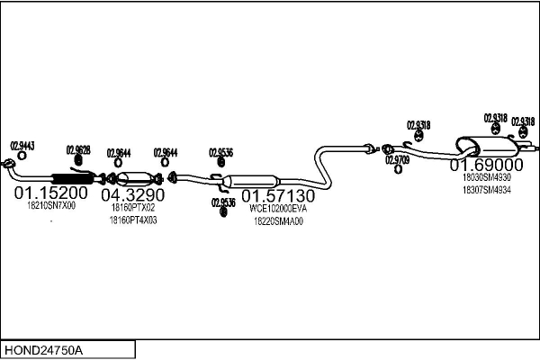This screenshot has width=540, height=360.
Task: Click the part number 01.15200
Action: [x=49, y=193]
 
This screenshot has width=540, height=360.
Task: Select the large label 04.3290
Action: [x=132, y=194]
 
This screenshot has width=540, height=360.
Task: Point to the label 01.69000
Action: [x=487, y=165]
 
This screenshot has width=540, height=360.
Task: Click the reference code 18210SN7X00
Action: [x=50, y=206]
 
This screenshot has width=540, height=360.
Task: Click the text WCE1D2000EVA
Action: [x=278, y=208]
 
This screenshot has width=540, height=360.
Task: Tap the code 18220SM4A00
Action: [x=278, y=220]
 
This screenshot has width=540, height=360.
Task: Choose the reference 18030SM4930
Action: [x=486, y=177]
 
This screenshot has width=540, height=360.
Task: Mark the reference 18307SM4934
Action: [x=486, y=190]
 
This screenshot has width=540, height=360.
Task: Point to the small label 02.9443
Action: [x=22, y=145]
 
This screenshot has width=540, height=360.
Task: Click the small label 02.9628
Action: [x=78, y=149]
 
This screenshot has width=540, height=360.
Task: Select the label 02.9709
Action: [x=398, y=159]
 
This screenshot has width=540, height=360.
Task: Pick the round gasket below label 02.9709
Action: [x=398, y=168]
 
